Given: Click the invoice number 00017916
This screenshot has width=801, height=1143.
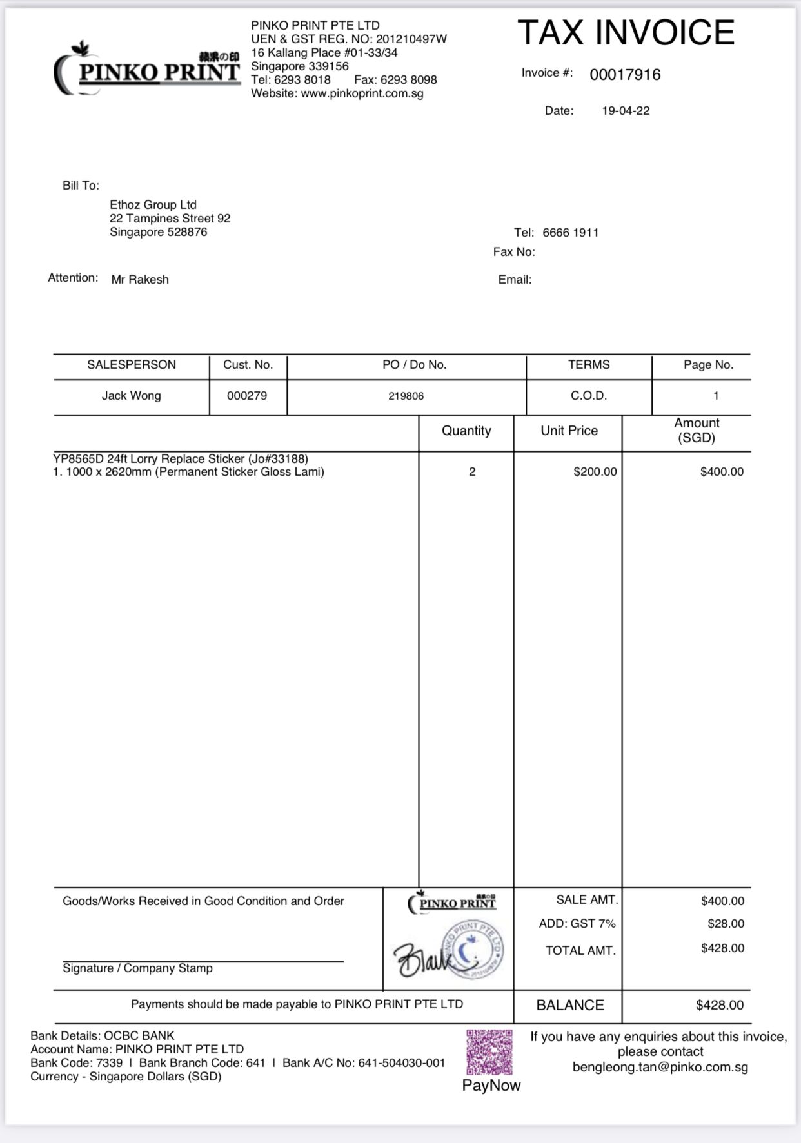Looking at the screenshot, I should (x=625, y=75).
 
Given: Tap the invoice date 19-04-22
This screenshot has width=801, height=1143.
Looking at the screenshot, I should (x=626, y=111).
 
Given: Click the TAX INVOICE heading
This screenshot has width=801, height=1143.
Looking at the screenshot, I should (x=626, y=33).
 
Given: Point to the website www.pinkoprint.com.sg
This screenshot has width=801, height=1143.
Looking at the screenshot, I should (x=362, y=93).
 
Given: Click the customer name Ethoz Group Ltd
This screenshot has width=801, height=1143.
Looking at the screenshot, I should (x=153, y=205).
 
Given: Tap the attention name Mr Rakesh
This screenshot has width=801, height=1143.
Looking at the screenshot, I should (x=140, y=280).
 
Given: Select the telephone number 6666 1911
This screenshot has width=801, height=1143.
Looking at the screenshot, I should (x=570, y=233).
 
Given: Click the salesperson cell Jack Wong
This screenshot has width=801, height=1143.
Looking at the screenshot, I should (x=131, y=396).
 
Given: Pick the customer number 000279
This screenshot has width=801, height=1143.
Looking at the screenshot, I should (x=247, y=396).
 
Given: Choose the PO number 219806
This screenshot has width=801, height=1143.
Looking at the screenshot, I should (x=406, y=396).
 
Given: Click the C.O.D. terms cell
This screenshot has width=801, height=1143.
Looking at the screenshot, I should (x=589, y=396).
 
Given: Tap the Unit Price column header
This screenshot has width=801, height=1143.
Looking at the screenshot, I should (x=569, y=431).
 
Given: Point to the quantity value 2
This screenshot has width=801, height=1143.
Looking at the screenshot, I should (x=472, y=472).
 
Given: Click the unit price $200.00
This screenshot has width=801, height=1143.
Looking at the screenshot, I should (x=595, y=472).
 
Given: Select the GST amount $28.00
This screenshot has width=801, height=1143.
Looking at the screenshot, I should (x=726, y=924).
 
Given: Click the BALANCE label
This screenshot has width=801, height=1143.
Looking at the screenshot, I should (x=570, y=1005).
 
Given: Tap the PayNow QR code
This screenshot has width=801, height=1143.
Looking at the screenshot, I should (x=489, y=1052).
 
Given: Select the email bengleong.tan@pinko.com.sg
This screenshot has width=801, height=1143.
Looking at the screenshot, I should (x=660, y=1067).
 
